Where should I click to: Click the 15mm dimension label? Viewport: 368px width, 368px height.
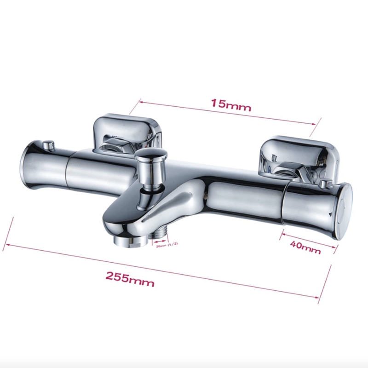pyautogui.click(x=231, y=105)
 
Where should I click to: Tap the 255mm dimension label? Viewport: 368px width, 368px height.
pyautogui.click(x=130, y=279)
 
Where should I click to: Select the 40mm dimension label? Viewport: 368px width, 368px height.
pyautogui.click(x=305, y=248)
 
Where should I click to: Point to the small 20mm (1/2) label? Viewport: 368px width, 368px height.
pyautogui.click(x=167, y=245)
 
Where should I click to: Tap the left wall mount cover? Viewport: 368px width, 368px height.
pyautogui.click(x=127, y=134)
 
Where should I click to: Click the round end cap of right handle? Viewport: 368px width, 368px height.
pyautogui.click(x=344, y=211)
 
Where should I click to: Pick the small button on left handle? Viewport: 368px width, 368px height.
pyautogui.click(x=49, y=145)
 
